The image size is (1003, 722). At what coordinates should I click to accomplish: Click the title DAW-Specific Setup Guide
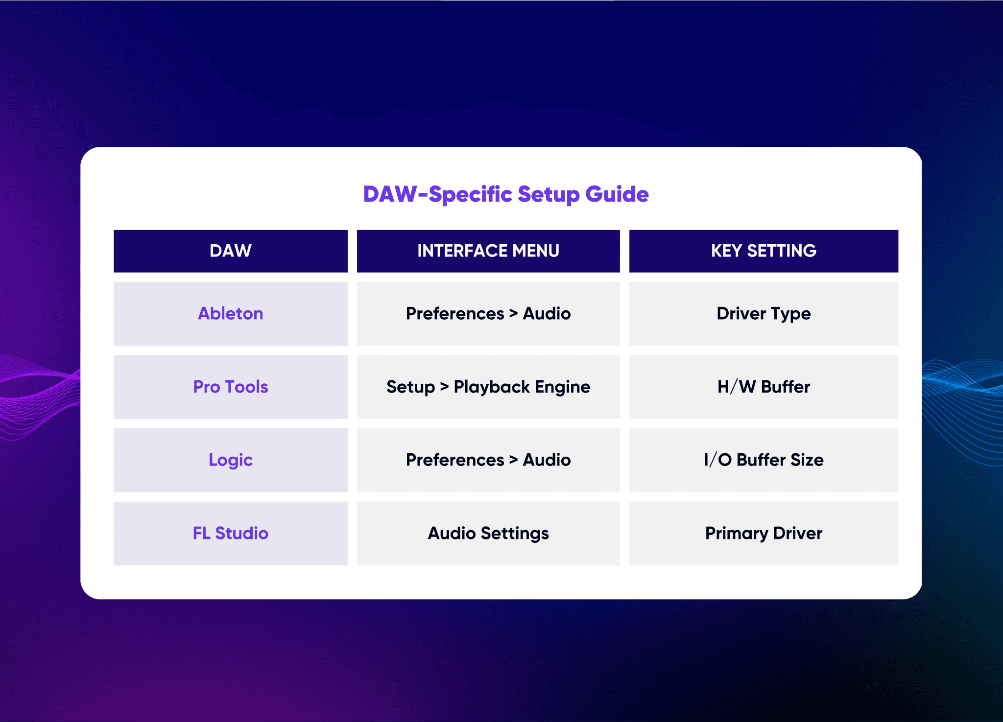coord(506,194)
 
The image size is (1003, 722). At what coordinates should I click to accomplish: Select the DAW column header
coord(231,251)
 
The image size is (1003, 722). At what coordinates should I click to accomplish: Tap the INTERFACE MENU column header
coord(488,251)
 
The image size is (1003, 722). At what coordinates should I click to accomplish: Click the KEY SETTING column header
coord(764,251)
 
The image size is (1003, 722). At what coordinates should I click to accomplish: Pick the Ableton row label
coord(231,313)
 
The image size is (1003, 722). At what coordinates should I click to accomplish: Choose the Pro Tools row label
coord(231,387)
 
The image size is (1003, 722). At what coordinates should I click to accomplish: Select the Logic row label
coord(231,460)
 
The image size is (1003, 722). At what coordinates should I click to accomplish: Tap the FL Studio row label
coord(231,533)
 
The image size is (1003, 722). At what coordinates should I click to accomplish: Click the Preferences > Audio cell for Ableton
coord(488,313)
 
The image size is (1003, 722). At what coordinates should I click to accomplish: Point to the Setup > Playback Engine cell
coord(488,387)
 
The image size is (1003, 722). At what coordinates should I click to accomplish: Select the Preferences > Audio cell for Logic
coord(488,460)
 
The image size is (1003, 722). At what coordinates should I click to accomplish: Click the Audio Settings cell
coord(488,533)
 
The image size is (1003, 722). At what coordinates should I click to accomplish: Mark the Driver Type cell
coord(764,313)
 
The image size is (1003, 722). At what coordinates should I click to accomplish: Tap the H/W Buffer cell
coord(764,387)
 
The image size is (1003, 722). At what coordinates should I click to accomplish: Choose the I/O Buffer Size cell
coord(764,460)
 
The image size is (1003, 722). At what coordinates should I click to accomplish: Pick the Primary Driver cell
coord(764,533)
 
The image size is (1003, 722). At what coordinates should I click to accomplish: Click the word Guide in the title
coord(617,194)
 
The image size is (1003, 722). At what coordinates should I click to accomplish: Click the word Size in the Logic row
coord(807,460)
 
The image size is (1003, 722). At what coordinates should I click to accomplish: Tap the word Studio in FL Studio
coord(242,533)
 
